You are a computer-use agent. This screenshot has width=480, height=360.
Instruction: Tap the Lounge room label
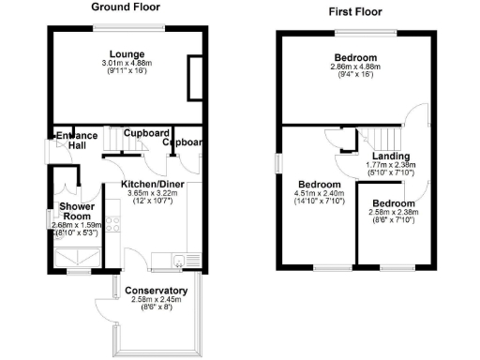coord(125,52)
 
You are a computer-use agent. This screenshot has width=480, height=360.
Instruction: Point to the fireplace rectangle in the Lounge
coord(198,77)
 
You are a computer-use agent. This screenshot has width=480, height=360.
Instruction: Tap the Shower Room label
coord(76,211)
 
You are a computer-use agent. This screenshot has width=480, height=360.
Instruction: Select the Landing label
coord(389,156)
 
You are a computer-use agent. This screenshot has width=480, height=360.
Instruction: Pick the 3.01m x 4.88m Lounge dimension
coord(125,63)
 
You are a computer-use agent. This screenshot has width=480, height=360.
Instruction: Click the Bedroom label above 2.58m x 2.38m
coord(392,203)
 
